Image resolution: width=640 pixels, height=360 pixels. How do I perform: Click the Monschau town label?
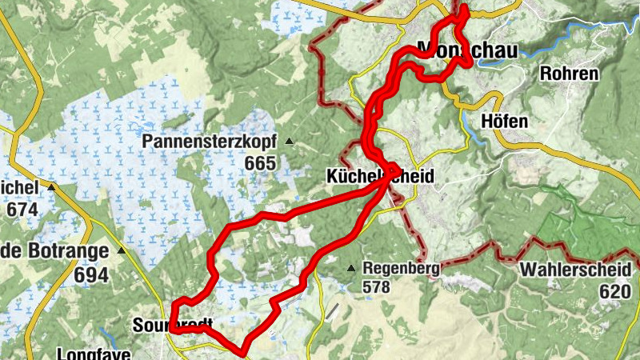click(x=467, y=50)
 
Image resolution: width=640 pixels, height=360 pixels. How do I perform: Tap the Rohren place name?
click(x=570, y=74)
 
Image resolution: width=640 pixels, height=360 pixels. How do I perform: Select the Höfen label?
click(x=506, y=122)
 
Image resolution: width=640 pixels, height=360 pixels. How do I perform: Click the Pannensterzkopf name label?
click(x=210, y=142)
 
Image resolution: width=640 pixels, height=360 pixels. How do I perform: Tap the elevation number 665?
click(x=260, y=164)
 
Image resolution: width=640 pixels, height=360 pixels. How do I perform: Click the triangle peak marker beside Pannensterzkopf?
click(x=290, y=142)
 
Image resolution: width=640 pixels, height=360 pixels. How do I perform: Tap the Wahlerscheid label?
click(x=574, y=270)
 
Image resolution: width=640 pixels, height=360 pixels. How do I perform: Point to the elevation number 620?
click(x=614, y=291)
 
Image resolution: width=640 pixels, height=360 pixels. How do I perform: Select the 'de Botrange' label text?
click(x=54, y=251)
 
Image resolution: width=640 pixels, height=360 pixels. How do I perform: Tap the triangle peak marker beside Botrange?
click(x=122, y=250)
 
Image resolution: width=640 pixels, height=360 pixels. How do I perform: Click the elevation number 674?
click(x=21, y=210)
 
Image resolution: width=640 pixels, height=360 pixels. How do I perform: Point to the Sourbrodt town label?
click(x=173, y=325)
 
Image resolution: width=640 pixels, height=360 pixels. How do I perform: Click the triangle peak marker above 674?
click(x=52, y=187)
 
